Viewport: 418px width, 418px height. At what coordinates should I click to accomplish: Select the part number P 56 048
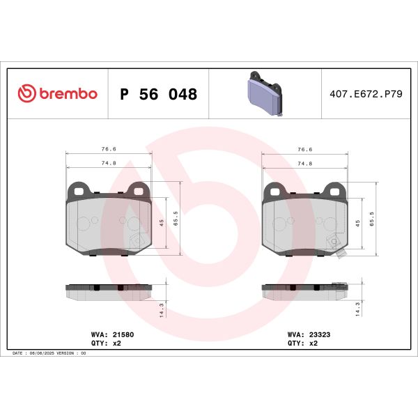[x=158, y=94]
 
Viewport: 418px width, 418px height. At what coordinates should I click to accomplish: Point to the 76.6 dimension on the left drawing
[x=108, y=149]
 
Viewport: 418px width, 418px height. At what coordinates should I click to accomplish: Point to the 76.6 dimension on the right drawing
[x=304, y=149]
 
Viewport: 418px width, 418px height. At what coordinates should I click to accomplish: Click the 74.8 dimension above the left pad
[x=108, y=163]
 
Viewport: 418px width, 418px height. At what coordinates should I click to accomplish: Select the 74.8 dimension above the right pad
[x=304, y=163]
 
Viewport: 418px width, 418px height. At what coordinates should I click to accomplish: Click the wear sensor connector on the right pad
[x=341, y=254]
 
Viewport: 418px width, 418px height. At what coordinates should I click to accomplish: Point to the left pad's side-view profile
[x=108, y=292]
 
